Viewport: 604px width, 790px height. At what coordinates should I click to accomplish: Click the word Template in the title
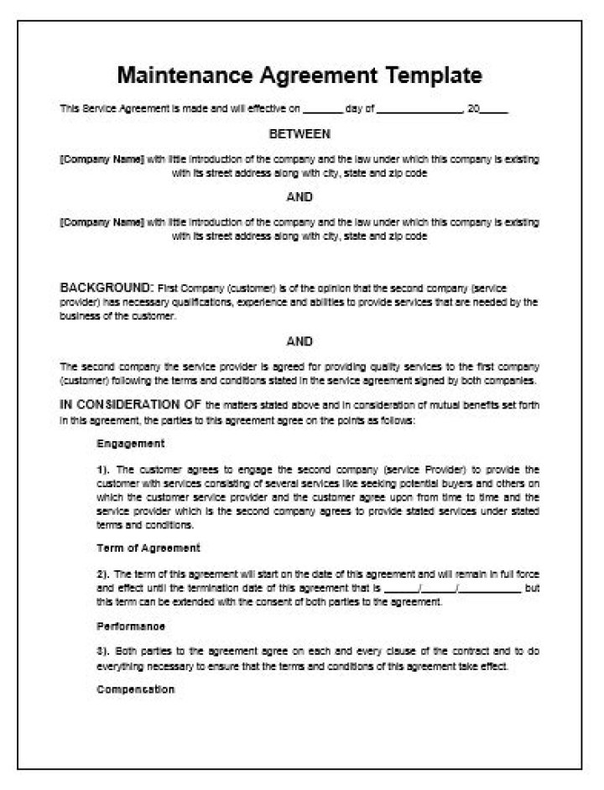[x=434, y=75]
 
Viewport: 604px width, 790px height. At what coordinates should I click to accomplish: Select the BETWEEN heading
[x=299, y=133]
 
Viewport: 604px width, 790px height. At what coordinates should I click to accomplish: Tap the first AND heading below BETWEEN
[x=299, y=197]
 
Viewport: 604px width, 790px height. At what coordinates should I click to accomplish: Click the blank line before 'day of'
[x=322, y=110]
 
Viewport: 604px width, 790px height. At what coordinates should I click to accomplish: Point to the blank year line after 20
[x=494, y=110]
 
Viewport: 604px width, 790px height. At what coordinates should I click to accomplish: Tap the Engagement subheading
[x=130, y=443]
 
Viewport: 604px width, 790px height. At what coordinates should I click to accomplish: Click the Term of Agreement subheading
[x=148, y=548]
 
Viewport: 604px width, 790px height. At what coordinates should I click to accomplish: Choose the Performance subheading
[x=131, y=626]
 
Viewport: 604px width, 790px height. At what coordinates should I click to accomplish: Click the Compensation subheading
[x=136, y=689]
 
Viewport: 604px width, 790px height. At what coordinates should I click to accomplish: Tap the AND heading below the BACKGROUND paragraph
[x=299, y=341]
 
